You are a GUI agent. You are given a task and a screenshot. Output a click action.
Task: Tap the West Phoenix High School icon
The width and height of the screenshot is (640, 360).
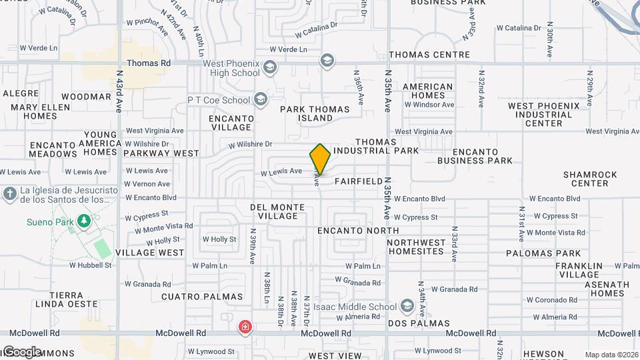click(270, 67)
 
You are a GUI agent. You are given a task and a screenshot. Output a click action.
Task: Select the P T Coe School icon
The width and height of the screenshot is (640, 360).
click(260, 101)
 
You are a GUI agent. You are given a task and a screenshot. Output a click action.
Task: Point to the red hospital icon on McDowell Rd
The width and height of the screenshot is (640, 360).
click(245, 327)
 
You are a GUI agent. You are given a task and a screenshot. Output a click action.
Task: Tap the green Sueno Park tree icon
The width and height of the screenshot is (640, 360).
click(83, 220)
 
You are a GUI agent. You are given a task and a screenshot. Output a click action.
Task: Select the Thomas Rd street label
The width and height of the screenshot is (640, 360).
click(148, 63)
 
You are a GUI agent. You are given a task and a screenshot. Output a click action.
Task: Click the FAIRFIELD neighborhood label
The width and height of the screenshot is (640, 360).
click(359, 181)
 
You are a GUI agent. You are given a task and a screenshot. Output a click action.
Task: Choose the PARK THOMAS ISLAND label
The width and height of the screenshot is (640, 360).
click(315, 113)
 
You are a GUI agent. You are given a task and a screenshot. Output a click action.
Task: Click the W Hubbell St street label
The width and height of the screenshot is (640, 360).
click(90, 265)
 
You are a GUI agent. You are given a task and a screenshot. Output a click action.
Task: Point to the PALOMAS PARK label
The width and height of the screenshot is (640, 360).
click(543, 253)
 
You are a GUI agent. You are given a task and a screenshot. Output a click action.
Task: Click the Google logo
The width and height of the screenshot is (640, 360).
click(21, 351)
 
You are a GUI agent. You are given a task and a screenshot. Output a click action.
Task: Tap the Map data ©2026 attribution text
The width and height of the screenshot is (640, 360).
click(611, 355)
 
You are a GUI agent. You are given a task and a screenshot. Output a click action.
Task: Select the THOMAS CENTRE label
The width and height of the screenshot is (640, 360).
click(429, 55)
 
